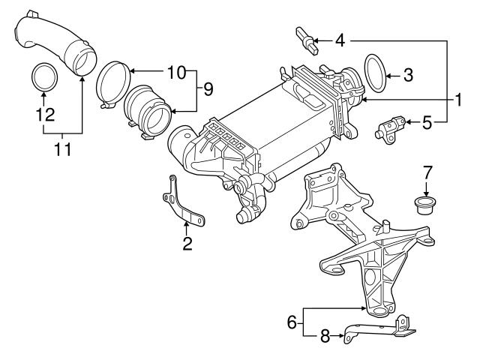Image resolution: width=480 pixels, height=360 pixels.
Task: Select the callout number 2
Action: pyautogui.click(x=187, y=243)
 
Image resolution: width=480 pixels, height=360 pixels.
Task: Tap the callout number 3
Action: pyautogui.click(x=408, y=75)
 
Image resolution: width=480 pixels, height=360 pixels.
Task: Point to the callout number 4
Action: pyautogui.click(x=340, y=39)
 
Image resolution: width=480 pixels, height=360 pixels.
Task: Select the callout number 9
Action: pyautogui.click(x=207, y=89)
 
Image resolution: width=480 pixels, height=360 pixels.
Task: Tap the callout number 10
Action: pyautogui.click(x=175, y=72)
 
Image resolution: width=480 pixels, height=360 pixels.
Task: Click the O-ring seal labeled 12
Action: pyautogui.click(x=45, y=76)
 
